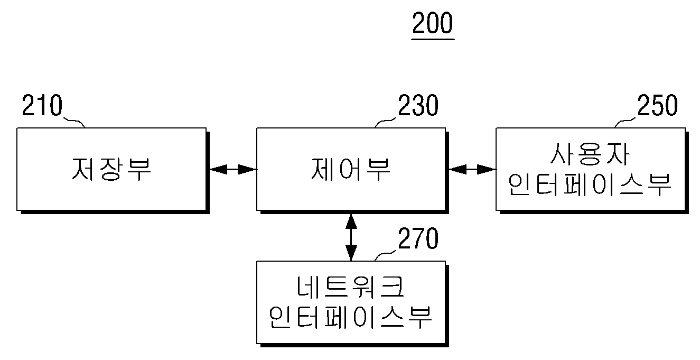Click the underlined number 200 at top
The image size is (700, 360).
click(433, 23)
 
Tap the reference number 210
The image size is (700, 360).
click(42, 105)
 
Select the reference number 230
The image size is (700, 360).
click(418, 105)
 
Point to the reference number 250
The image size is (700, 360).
click(658, 105)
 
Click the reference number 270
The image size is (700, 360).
click(418, 238)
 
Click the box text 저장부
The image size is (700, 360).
click(111, 169)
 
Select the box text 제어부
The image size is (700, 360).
click(351, 169)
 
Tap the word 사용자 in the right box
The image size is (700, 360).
click(590, 154)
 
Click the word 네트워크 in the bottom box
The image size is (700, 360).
click(351, 287)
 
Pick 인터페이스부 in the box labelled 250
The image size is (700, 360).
click(590, 185)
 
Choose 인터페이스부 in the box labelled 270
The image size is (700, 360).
click(351, 317)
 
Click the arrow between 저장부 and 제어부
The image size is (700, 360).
click(233, 170)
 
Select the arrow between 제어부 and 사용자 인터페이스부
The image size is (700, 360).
click(472, 170)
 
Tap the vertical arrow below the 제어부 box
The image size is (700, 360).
click(351, 237)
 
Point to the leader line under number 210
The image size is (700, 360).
click(74, 122)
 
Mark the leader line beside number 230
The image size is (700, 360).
click(385, 122)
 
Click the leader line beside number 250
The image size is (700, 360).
click(624, 122)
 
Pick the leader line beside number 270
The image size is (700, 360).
click(385, 255)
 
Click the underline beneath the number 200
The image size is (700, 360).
click(433, 40)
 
